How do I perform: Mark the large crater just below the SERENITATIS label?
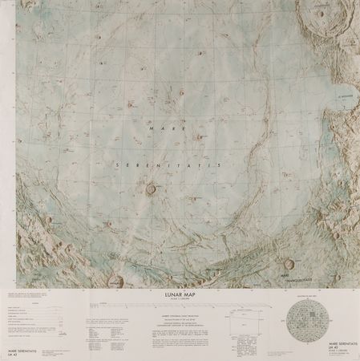tap(152, 189)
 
